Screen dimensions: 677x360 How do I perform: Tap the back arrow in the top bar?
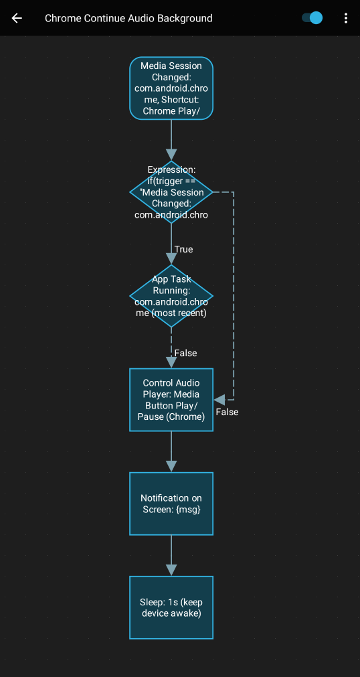(x=17, y=18)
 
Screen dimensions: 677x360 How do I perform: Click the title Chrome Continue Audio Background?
(x=128, y=18)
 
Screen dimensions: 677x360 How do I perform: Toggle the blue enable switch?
(x=312, y=18)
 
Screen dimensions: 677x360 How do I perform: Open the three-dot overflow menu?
(x=345, y=18)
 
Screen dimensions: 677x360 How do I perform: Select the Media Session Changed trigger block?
(x=171, y=88)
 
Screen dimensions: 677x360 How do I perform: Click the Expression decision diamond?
(x=171, y=192)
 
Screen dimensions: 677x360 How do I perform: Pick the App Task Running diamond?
(x=171, y=296)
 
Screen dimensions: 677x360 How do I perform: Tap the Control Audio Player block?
(x=171, y=400)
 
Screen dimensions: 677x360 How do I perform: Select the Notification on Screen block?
(x=171, y=504)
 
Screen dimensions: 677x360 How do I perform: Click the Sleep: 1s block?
(x=171, y=607)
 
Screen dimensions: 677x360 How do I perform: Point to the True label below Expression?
(x=183, y=249)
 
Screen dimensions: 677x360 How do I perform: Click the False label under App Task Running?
(x=185, y=353)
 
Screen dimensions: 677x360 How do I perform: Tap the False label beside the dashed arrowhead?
(x=227, y=412)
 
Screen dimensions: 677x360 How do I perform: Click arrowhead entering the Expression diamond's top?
(x=171, y=155)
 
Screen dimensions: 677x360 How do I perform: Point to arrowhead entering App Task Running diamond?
(x=171, y=258)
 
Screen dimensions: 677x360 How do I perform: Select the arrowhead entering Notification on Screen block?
(x=171, y=466)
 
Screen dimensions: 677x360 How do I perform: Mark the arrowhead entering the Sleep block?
(x=171, y=570)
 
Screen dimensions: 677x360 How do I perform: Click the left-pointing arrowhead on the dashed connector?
(x=219, y=400)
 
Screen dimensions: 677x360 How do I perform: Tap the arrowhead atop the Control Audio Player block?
(x=171, y=362)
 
